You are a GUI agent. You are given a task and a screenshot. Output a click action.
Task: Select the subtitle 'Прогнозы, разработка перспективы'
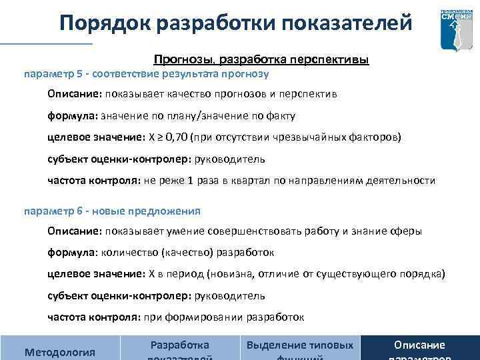point(261,60)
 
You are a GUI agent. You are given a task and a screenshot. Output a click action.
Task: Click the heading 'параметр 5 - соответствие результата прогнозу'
point(146,73)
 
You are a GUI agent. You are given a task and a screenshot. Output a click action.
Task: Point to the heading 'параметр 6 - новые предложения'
point(112,211)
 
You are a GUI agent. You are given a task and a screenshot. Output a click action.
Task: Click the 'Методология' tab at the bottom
point(59,351)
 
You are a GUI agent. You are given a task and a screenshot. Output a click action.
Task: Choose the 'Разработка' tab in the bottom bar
point(180,345)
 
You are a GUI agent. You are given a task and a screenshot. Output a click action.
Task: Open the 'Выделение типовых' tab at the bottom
point(300,345)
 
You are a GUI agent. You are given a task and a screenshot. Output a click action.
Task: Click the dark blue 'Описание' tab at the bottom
point(419,345)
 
